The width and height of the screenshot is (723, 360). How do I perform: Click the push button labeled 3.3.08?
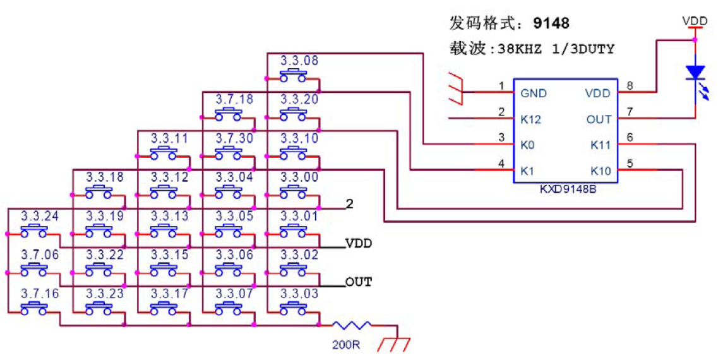(x=293, y=75)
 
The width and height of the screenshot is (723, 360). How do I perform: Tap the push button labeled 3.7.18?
(x=229, y=114)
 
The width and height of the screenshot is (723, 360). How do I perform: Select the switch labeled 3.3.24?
(x=34, y=231)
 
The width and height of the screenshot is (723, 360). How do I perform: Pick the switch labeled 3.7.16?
(x=34, y=308)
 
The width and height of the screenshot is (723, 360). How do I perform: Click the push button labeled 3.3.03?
(x=293, y=308)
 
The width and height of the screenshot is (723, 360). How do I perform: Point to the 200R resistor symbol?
(x=351, y=325)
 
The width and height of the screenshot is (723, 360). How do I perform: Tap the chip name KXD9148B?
(x=567, y=189)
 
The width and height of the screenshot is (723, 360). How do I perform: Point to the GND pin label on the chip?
(x=534, y=93)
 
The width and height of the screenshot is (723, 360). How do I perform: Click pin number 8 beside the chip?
(x=630, y=86)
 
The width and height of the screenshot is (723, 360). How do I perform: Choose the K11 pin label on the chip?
(x=601, y=146)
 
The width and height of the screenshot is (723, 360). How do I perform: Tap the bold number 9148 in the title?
(x=551, y=23)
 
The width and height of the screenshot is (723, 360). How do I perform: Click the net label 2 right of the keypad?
(x=350, y=203)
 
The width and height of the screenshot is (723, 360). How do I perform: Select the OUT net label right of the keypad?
(x=359, y=281)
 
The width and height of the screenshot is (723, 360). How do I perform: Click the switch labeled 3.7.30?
(x=229, y=153)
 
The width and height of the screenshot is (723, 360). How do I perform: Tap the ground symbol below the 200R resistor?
(x=394, y=345)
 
